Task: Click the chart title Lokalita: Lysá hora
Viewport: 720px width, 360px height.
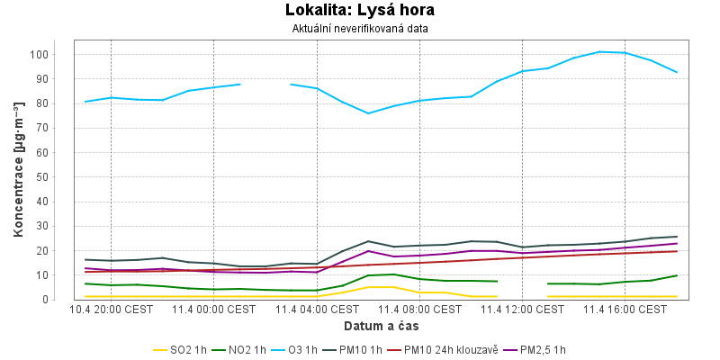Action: pyautogui.click(x=360, y=11)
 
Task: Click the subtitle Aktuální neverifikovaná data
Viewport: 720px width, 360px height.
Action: pyautogui.click(x=360, y=28)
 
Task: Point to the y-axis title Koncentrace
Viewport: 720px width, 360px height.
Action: pyautogui.click(x=18, y=170)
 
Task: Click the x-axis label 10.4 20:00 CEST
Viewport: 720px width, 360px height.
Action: pyautogui.click(x=111, y=310)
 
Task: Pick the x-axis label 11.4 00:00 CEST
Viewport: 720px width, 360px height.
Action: pyautogui.click(x=214, y=310)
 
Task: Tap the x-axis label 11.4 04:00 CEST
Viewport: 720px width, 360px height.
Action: pyautogui.click(x=317, y=310)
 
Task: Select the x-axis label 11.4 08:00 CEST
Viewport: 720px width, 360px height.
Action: pyautogui.click(x=419, y=310)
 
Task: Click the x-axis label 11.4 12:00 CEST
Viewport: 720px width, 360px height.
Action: pyautogui.click(x=522, y=310)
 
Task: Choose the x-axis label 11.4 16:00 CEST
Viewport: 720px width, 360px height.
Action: pyautogui.click(x=625, y=310)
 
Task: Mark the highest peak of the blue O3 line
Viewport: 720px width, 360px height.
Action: pyautogui.click(x=599, y=51)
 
